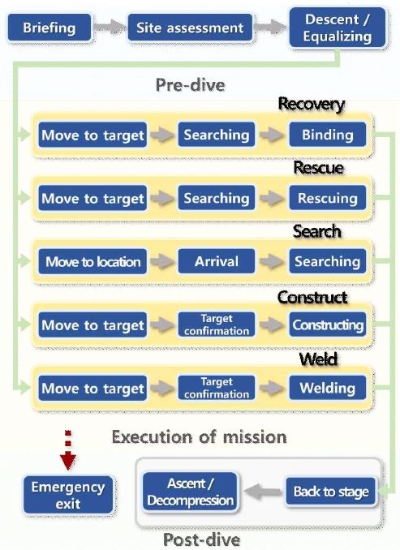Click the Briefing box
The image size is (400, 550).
(49, 28)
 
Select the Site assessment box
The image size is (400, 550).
(190, 28)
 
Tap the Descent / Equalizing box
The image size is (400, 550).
(338, 28)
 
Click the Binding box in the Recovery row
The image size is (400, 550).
(327, 135)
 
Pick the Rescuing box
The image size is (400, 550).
(327, 198)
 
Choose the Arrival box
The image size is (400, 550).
(217, 261)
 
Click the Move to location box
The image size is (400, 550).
(92, 261)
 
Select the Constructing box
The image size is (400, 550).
(327, 324)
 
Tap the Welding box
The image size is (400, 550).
(327, 388)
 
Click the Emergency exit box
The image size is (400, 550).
(68, 495)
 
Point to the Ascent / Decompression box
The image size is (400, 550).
(190, 492)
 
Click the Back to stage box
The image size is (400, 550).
(331, 492)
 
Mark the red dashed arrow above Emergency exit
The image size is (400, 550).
(68, 450)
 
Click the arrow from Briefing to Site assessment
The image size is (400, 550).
(109, 27)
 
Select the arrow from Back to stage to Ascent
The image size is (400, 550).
(263, 492)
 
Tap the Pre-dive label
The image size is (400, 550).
(190, 85)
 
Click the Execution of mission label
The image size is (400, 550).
(199, 437)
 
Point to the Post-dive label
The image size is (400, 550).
(202, 539)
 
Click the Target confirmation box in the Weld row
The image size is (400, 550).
(217, 388)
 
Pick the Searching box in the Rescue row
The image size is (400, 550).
(217, 198)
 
